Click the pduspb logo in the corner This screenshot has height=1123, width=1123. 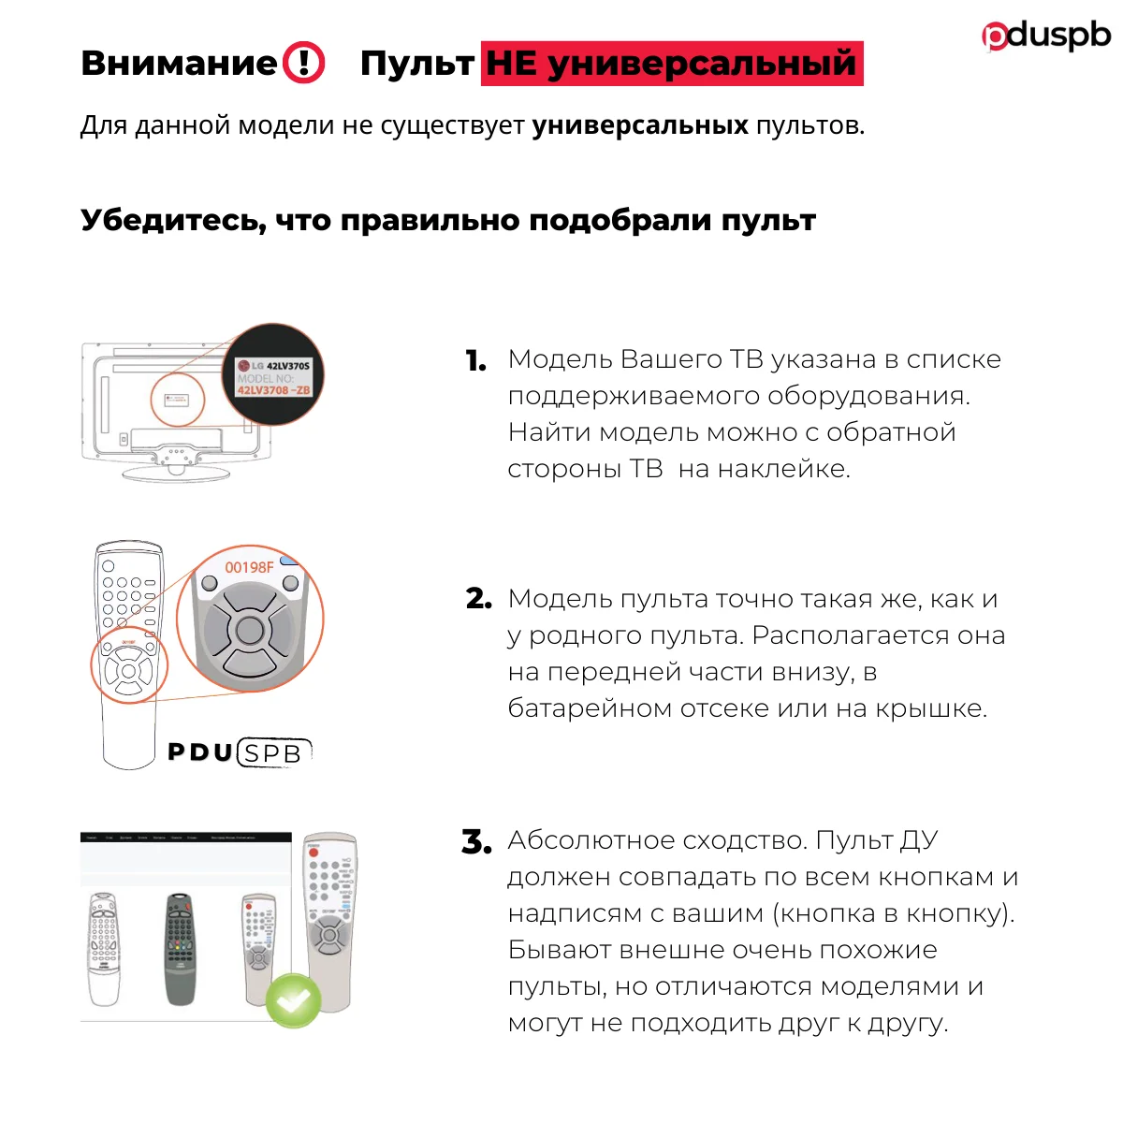[1046, 36]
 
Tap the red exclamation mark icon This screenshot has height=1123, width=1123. [304, 64]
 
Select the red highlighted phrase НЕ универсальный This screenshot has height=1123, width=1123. [671, 64]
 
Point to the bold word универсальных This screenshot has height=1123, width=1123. [640, 125]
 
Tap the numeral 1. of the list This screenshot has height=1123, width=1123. [475, 361]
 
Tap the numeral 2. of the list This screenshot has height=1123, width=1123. [478, 599]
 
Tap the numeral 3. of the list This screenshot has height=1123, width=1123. [476, 841]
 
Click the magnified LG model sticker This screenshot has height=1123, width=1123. [273, 376]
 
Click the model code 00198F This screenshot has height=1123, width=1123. [249, 568]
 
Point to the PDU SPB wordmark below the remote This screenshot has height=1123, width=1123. [239, 752]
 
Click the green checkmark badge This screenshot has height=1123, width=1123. [294, 999]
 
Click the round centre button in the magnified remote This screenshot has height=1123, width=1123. [250, 629]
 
